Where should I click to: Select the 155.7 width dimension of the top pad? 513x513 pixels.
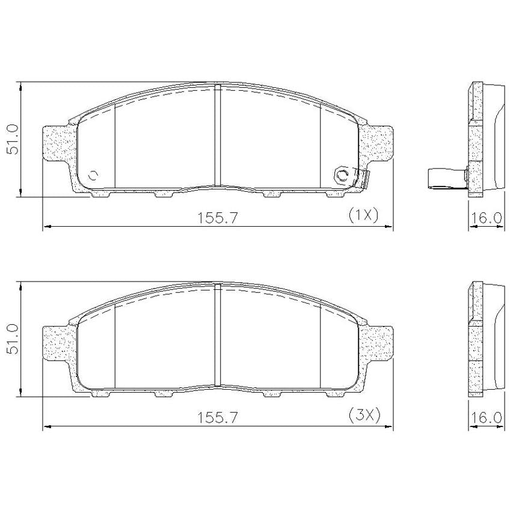coord(217,218)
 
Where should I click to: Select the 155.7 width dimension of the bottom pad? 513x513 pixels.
coord(217,418)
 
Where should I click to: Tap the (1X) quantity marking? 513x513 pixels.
coord(363,215)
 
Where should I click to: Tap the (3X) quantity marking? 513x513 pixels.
coord(364,416)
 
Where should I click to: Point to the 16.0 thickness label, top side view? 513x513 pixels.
coord(486,218)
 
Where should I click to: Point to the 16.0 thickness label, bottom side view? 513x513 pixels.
coord(486,418)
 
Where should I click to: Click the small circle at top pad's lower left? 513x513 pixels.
coord(94,176)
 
